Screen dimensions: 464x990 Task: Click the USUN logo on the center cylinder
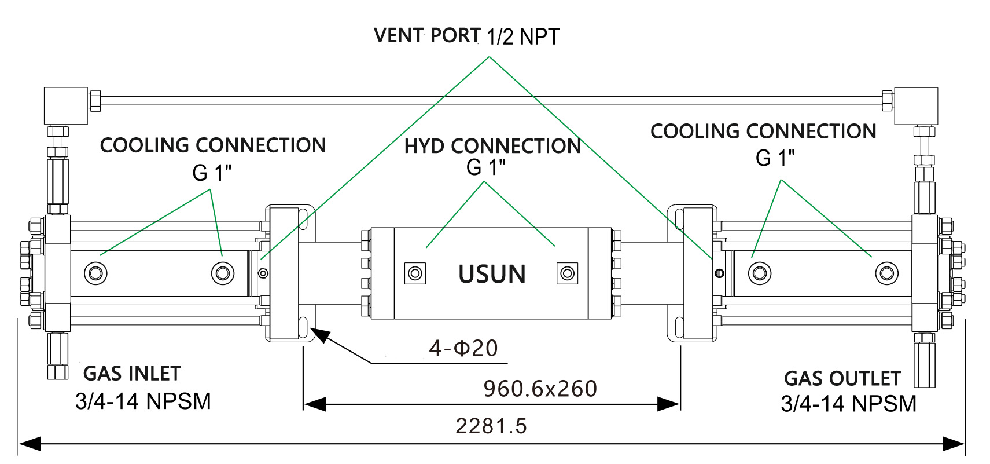(492, 274)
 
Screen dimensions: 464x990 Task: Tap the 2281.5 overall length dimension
(491, 426)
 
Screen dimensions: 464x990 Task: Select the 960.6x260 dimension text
(540, 389)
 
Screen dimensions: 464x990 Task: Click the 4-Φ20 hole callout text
(463, 348)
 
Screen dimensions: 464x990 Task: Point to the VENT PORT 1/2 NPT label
(466, 36)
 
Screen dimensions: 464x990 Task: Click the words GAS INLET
(132, 374)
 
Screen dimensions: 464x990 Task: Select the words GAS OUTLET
(842, 378)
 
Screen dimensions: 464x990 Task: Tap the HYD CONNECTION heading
(492, 146)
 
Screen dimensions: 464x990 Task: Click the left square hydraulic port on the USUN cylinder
(415, 273)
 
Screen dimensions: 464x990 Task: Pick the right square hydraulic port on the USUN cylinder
(567, 273)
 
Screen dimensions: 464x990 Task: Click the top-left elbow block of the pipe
(66, 105)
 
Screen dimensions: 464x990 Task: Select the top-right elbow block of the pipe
(915, 105)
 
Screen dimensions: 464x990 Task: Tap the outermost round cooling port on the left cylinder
(95, 272)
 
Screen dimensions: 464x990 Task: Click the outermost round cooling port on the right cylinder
(886, 272)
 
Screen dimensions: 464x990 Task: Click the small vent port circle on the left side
(263, 273)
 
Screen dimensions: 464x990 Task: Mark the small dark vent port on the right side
(719, 273)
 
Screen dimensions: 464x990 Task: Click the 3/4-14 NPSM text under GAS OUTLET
(848, 404)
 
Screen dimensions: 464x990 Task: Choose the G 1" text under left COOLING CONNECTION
(212, 173)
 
